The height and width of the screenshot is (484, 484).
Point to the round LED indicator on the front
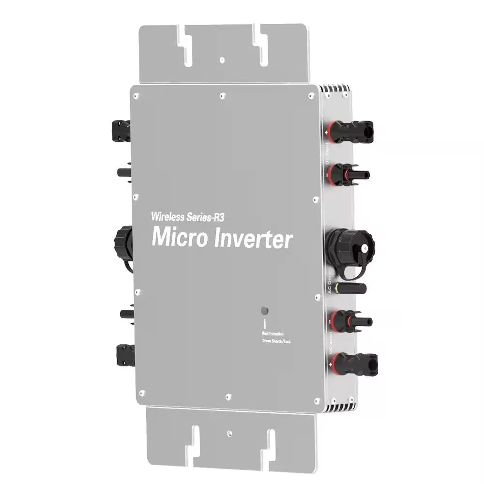[x=265, y=310]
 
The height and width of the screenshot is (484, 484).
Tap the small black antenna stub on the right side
[x=351, y=289]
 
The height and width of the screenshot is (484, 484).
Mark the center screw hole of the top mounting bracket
[x=221, y=60]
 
